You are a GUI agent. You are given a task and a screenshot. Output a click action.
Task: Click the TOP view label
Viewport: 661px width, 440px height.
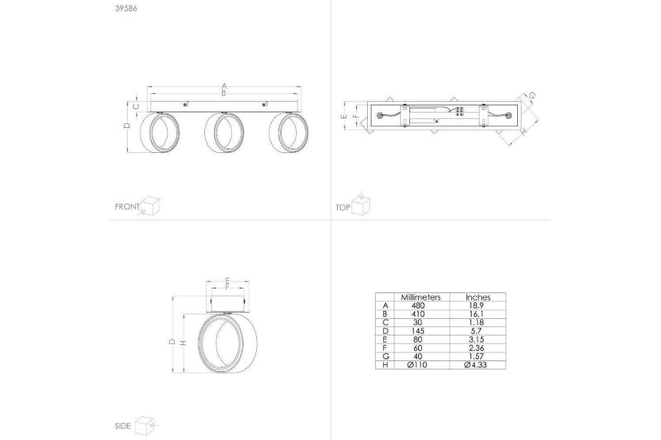[x=343, y=206]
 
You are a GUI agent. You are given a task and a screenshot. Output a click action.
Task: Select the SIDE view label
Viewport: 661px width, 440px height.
[x=123, y=426]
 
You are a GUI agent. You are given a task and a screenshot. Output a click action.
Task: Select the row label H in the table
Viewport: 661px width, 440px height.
[x=384, y=364]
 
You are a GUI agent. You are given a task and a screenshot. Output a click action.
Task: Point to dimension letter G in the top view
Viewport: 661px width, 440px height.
[x=532, y=97]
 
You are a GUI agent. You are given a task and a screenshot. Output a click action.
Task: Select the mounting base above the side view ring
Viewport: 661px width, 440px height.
[x=221, y=300]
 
